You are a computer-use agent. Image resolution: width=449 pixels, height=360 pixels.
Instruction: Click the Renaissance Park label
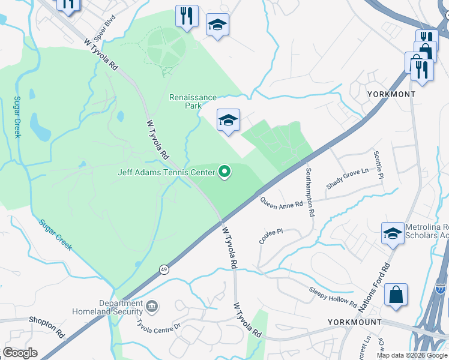click(x=193, y=101)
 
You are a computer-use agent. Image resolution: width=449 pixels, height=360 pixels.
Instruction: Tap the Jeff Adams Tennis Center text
click(x=165, y=173)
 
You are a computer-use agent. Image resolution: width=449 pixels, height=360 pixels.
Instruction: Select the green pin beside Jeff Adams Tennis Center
click(x=225, y=172)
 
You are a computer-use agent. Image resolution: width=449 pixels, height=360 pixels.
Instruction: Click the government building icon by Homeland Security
click(x=152, y=307)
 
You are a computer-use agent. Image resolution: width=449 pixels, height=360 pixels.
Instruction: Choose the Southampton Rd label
click(x=309, y=191)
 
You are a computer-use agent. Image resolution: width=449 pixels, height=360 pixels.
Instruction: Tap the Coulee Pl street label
click(x=271, y=235)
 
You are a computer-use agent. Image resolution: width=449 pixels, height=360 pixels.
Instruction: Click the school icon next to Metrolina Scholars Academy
click(x=393, y=233)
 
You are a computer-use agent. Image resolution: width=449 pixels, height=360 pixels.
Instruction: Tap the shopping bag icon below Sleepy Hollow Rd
click(x=396, y=295)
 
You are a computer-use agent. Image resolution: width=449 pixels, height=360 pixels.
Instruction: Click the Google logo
click(x=20, y=353)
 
